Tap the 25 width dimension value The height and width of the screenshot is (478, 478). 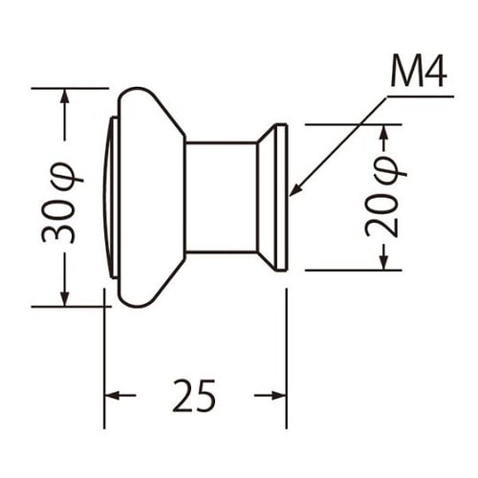pos(194,396)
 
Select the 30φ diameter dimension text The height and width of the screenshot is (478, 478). pos(62,203)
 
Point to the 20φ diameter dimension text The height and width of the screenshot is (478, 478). pos(385,196)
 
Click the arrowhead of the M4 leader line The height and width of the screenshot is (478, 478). pos(295,189)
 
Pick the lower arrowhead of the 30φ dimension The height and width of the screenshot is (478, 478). pos(65,299)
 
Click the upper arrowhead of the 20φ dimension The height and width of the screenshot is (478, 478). pos(384,132)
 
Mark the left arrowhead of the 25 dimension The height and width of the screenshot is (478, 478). pos(112,396)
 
